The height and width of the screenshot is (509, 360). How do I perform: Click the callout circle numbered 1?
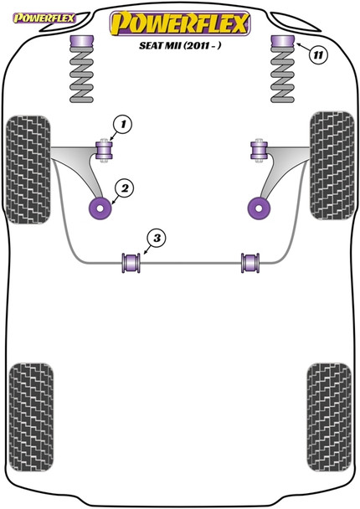[123, 126]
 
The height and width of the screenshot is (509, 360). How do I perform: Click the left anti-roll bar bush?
[131, 262]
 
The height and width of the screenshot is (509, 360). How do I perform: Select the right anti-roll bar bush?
[249, 262]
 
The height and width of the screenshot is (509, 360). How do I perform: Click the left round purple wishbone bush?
[100, 207]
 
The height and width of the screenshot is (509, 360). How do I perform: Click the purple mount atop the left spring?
[82, 43]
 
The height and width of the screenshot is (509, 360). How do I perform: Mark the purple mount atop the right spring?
[279, 43]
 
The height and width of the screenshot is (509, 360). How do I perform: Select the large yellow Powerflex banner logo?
[180, 25]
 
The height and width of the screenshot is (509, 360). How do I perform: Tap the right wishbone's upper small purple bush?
[258, 151]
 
